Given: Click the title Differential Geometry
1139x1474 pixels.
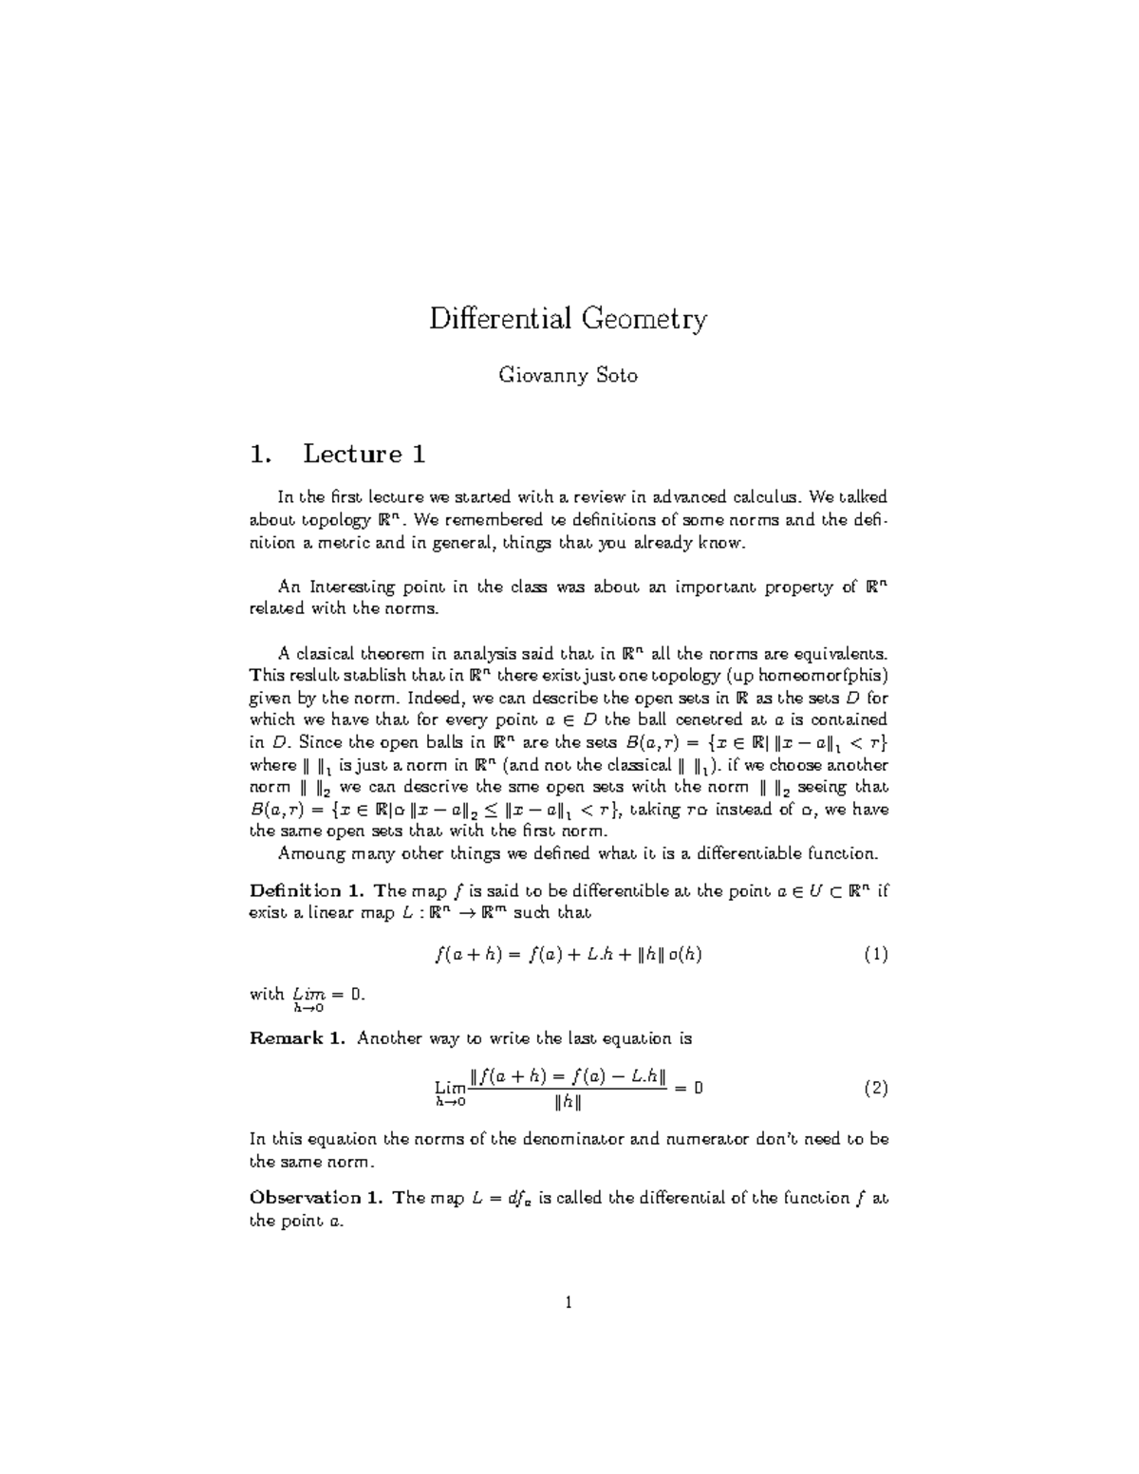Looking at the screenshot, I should coord(568,318).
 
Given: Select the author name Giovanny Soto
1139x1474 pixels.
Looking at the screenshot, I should coord(568,376).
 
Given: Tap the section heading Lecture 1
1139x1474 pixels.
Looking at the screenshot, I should coord(364,455).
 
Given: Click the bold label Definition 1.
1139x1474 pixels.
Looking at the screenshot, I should coord(308,890).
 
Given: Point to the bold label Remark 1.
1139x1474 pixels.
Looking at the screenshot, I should coord(298,1038).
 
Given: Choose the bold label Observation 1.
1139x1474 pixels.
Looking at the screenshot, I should coord(316,1198).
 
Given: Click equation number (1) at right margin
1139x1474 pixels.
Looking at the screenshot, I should coord(875,955).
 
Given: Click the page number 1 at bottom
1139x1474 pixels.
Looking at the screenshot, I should coord(569,1303).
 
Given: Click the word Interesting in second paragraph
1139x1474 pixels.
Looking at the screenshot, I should coord(359,588).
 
